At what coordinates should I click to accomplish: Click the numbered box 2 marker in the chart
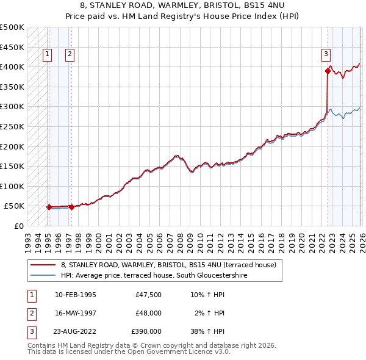tap(71, 54)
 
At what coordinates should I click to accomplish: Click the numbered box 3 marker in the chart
tap(327, 54)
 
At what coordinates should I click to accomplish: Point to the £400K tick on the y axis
tap(12, 67)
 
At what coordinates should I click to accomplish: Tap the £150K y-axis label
tap(12, 166)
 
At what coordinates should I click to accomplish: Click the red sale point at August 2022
tap(328, 71)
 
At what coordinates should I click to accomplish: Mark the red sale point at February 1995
tap(49, 207)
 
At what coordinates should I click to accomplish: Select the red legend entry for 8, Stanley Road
tap(168, 265)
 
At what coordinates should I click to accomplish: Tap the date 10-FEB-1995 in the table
tap(75, 295)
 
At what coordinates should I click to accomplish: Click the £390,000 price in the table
tap(146, 331)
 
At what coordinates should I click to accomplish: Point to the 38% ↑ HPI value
tap(208, 331)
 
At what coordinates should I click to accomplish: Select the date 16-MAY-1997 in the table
tap(75, 313)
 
